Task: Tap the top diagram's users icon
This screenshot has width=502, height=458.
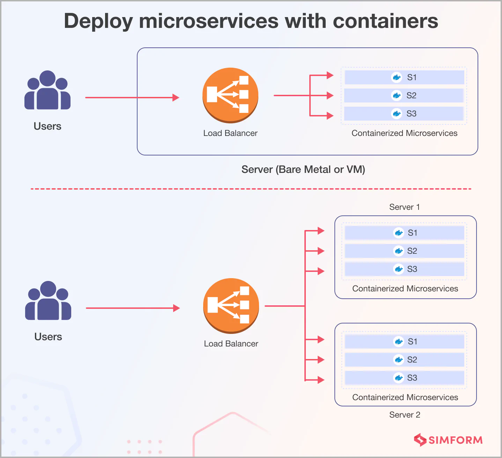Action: coord(47,91)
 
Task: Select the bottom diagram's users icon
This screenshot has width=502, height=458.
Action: coord(48,301)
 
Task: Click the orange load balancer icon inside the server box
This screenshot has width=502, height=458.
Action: coord(230,95)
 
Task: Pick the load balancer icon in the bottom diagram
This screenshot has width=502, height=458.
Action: coord(231,305)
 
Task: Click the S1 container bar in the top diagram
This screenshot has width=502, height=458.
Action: coord(404,77)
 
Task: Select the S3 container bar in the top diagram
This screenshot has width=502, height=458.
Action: coord(404,114)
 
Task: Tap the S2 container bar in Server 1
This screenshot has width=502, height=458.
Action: coord(404,251)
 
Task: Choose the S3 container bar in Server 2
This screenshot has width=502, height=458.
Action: coord(404,378)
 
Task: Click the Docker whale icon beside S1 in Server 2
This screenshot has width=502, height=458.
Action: coord(398,342)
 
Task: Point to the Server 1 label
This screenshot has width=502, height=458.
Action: coord(404,207)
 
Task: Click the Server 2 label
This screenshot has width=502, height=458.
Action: coord(405,415)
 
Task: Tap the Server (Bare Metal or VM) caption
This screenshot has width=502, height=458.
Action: coord(303,169)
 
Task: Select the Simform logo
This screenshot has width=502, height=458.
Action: coord(448,440)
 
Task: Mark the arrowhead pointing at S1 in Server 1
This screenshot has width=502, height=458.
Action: coord(321,231)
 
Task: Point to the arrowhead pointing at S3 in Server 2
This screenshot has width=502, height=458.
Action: coord(321,380)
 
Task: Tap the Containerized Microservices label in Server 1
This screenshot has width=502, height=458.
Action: coord(405,289)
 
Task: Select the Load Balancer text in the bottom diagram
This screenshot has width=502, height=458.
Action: coord(231,344)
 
